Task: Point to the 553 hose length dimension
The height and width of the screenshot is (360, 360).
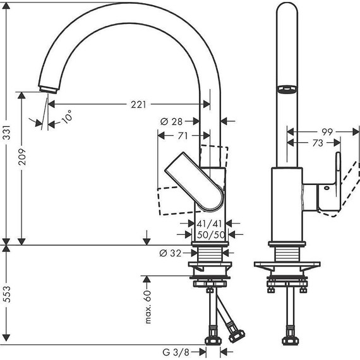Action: tap(7, 301)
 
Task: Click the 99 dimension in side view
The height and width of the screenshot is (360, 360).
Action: tap(327, 131)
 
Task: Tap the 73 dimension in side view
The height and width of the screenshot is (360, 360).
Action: tap(318, 143)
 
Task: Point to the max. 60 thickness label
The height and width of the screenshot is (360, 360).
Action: tap(148, 308)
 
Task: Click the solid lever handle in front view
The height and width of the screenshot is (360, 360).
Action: tap(195, 183)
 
